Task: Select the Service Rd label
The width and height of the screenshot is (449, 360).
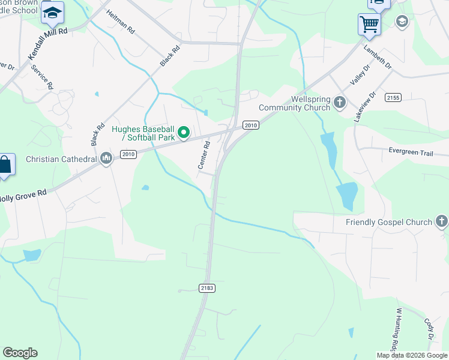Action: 42,77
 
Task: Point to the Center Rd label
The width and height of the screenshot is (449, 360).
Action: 204,154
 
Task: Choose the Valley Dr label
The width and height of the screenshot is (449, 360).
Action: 360,78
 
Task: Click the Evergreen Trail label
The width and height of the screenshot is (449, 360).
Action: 411,153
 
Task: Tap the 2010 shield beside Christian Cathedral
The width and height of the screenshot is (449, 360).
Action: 128,154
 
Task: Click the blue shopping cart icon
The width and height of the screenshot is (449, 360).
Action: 369,24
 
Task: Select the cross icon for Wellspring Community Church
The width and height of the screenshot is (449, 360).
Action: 340,102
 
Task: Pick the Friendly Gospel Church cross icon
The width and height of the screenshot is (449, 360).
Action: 442,222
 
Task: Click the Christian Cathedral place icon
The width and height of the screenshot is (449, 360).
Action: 107,158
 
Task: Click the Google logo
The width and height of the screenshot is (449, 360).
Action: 20,353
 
